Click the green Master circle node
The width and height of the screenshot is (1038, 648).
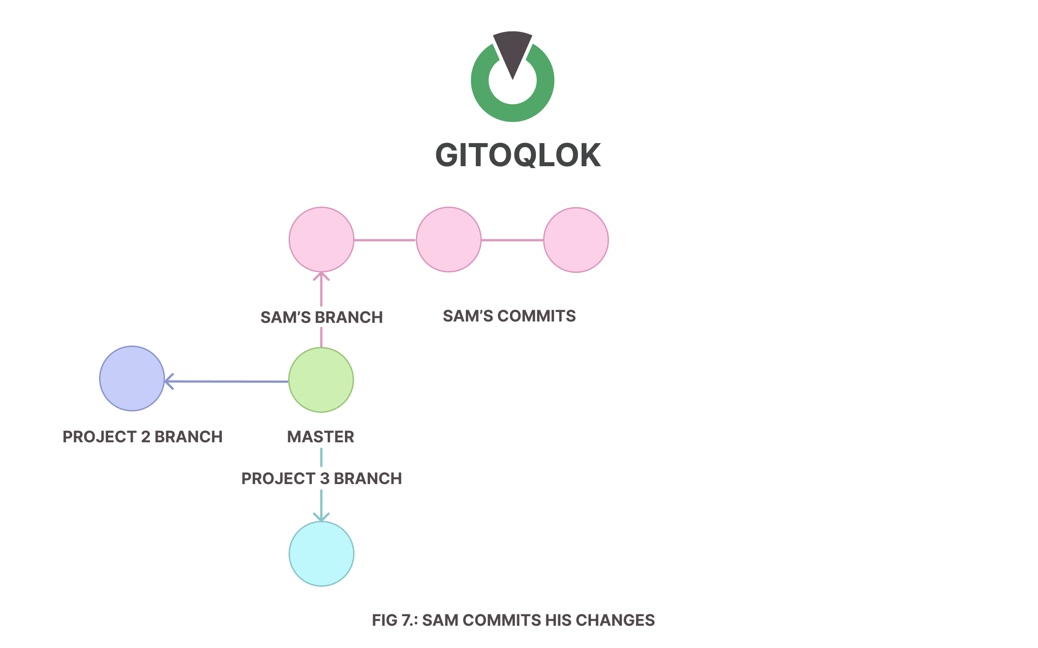click(x=321, y=380)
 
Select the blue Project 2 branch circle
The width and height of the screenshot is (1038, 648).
click(x=132, y=379)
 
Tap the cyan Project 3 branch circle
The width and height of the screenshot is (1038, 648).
click(x=321, y=554)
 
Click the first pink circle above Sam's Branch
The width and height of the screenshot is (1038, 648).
click(x=321, y=240)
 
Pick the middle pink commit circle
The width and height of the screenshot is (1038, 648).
click(x=449, y=240)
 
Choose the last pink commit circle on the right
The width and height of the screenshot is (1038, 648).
click(x=576, y=240)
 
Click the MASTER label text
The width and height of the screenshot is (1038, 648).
click(x=320, y=437)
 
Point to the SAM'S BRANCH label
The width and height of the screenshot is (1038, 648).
click(x=321, y=317)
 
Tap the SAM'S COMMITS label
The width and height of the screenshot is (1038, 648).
click(x=509, y=316)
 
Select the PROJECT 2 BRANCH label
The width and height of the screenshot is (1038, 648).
click(x=142, y=437)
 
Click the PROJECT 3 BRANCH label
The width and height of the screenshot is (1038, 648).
click(x=321, y=479)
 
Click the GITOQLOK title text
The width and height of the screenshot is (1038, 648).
click(x=518, y=155)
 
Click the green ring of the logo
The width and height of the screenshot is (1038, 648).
click(x=513, y=114)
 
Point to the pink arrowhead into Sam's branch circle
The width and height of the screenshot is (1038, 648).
click(x=321, y=276)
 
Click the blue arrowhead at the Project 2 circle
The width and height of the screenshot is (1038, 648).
click(x=169, y=381)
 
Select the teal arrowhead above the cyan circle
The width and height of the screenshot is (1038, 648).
click(x=321, y=517)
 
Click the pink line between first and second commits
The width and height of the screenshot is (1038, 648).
click(x=385, y=240)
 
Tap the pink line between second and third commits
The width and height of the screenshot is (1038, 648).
click(x=512, y=240)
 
